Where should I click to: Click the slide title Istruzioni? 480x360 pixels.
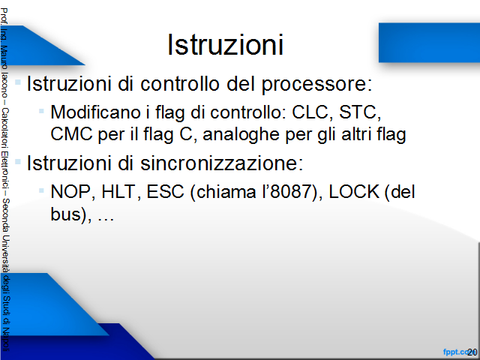point(225,45)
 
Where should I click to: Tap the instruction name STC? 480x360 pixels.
point(358,112)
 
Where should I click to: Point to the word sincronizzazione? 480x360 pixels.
point(218,163)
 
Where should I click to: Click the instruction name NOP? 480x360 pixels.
point(70,192)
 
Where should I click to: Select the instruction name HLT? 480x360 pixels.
point(118,192)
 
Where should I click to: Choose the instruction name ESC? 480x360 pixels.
point(165,192)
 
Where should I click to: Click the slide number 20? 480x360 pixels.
point(472,352)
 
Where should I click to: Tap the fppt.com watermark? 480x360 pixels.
point(457,352)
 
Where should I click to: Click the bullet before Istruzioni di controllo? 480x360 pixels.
point(18,82)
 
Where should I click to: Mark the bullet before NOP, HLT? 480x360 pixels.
point(42,190)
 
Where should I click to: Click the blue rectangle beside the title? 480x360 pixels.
point(429,43)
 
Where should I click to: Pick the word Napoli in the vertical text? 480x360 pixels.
point(5,340)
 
